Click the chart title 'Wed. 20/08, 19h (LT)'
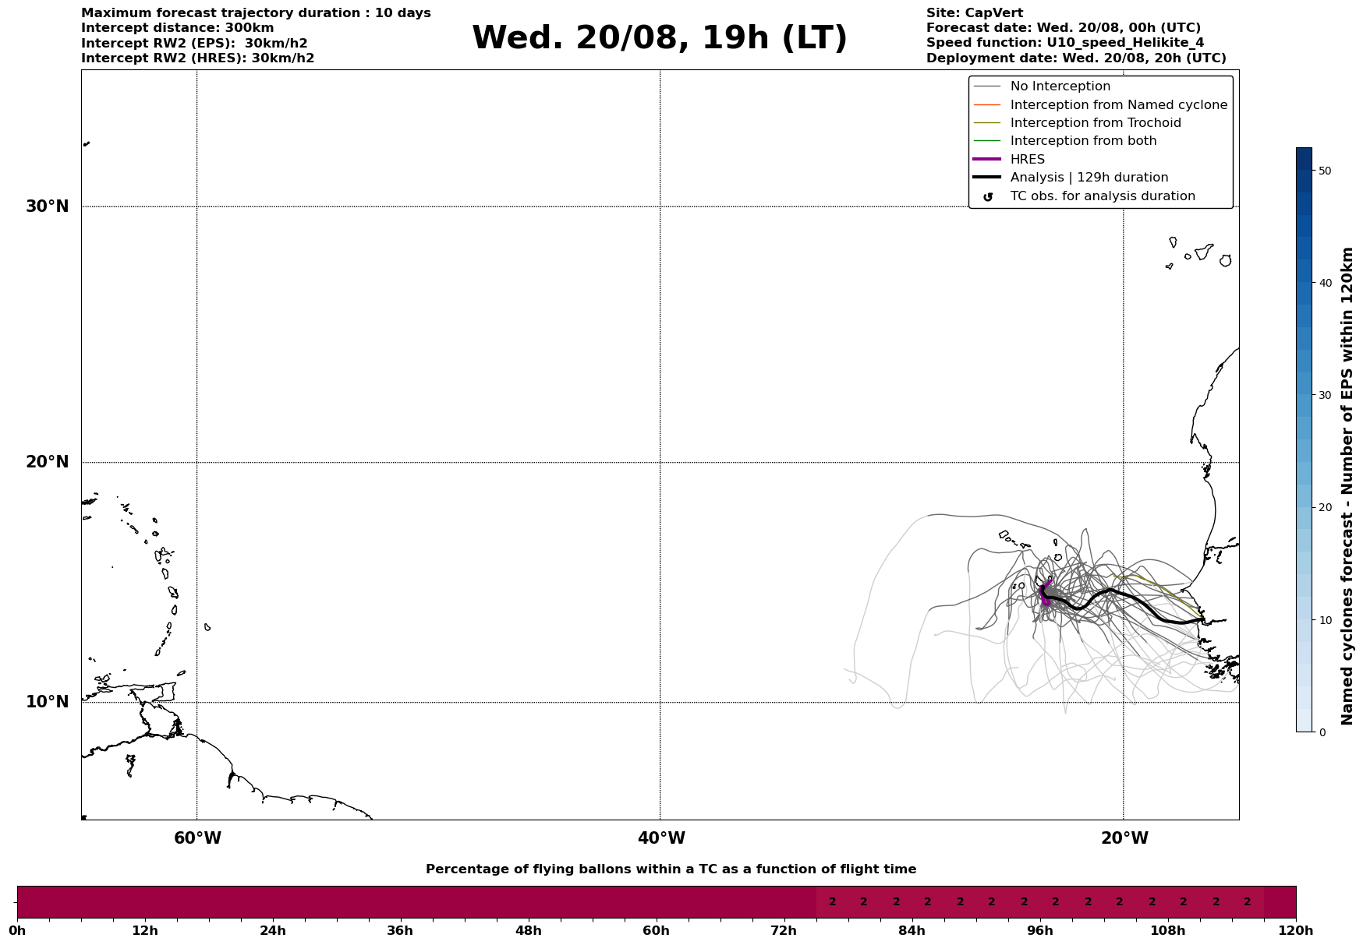[x=659, y=38]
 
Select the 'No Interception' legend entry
[x=1060, y=86]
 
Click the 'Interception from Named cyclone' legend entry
[x=1118, y=105]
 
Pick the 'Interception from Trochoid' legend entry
[x=1095, y=123]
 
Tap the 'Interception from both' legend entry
[x=1083, y=141]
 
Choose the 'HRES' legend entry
[x=1027, y=160]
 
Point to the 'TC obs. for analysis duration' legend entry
[x=1102, y=196]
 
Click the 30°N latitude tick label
[x=47, y=206]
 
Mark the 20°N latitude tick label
[x=47, y=462]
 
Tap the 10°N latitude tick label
[x=47, y=702]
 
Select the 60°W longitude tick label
[x=197, y=838]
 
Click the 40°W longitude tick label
[x=661, y=838]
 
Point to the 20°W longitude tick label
[x=1124, y=838]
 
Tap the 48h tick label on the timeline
[x=528, y=930]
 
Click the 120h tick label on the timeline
[x=1296, y=930]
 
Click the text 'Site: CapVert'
[x=974, y=13]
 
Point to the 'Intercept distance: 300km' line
[x=177, y=28]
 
